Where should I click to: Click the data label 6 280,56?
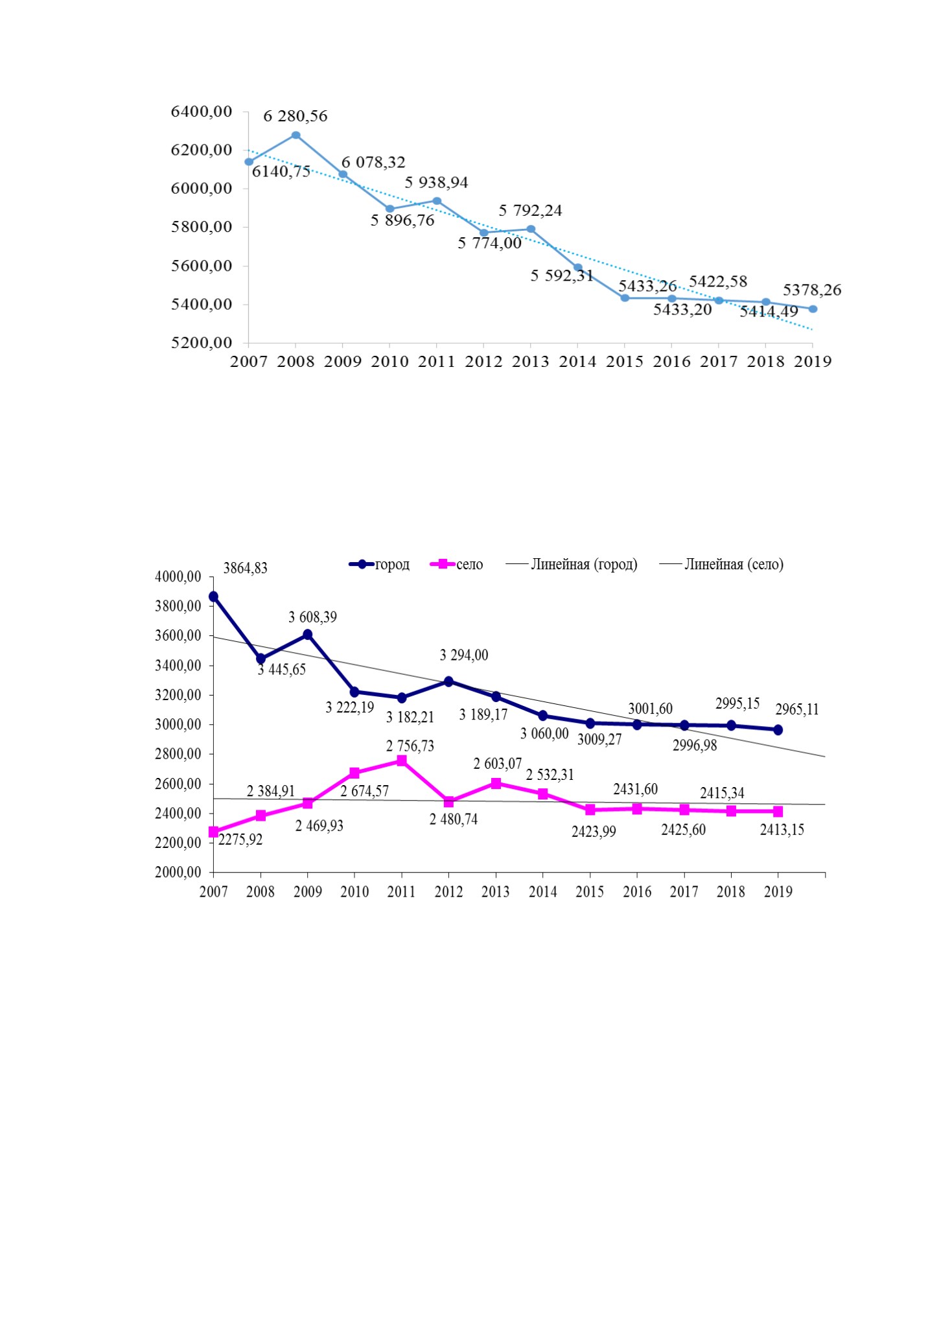click(296, 117)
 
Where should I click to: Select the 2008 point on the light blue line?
click(296, 135)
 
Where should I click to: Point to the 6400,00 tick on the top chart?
click(201, 112)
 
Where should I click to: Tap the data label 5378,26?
click(812, 290)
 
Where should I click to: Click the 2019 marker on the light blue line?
click(813, 309)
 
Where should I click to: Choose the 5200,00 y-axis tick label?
click(201, 343)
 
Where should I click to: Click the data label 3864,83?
click(246, 569)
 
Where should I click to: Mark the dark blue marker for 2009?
click(308, 634)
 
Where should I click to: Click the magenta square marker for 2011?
click(402, 760)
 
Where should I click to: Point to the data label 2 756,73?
click(410, 746)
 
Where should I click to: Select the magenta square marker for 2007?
click(213, 832)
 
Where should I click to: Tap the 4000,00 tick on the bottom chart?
click(178, 577)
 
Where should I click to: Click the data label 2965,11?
click(797, 710)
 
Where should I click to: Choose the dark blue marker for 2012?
click(448, 681)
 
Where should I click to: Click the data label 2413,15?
click(782, 830)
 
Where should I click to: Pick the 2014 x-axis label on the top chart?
click(577, 362)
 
